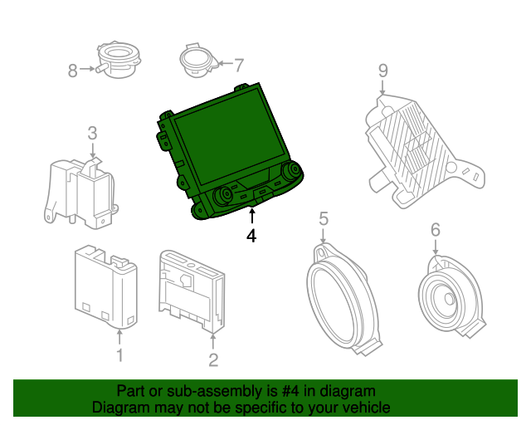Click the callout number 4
[251, 236]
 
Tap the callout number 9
[382, 71]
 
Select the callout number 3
[92, 132]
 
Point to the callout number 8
[72, 71]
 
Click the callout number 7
[239, 64]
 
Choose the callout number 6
[435, 229]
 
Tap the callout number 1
[119, 356]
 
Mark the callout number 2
[213, 359]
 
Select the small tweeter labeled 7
[196, 61]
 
